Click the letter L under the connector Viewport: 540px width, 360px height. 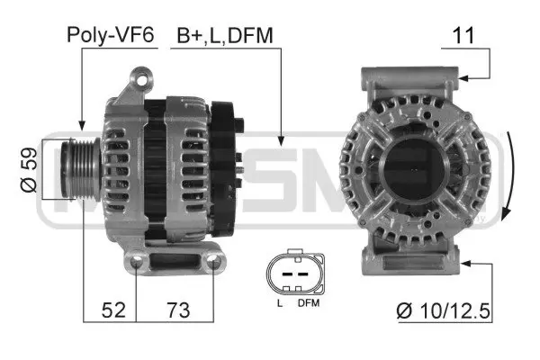click(279, 304)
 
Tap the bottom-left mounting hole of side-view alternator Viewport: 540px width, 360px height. click(137, 264)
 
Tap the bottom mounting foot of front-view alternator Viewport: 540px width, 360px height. click(416, 265)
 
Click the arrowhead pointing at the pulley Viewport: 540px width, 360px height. click(82, 125)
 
